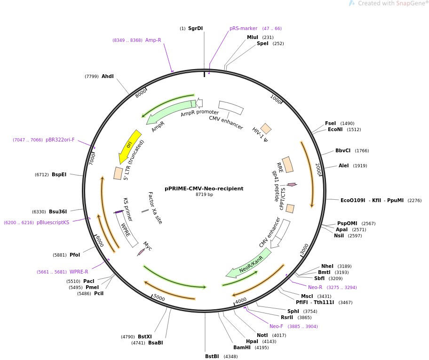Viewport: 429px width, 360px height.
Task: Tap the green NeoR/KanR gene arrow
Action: click(249, 263)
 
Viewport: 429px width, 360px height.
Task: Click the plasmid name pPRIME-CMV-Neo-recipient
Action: click(204, 188)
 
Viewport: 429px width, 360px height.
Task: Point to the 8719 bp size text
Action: click(204, 195)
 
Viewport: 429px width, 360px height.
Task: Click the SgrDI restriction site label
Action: click(195, 28)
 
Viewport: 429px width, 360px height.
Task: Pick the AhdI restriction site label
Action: click(107, 76)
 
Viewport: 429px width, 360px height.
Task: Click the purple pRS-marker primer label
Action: click(243, 28)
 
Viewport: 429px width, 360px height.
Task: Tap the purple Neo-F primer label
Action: click(276, 326)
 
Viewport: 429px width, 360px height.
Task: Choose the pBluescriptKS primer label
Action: click(53, 222)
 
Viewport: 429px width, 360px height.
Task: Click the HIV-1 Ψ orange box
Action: click(266, 128)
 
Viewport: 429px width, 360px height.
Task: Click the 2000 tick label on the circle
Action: click(318, 169)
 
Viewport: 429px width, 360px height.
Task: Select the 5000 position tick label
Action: click(159, 298)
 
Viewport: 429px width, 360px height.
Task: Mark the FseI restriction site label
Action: click(330, 123)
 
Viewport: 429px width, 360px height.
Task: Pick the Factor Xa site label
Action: click(155, 208)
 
